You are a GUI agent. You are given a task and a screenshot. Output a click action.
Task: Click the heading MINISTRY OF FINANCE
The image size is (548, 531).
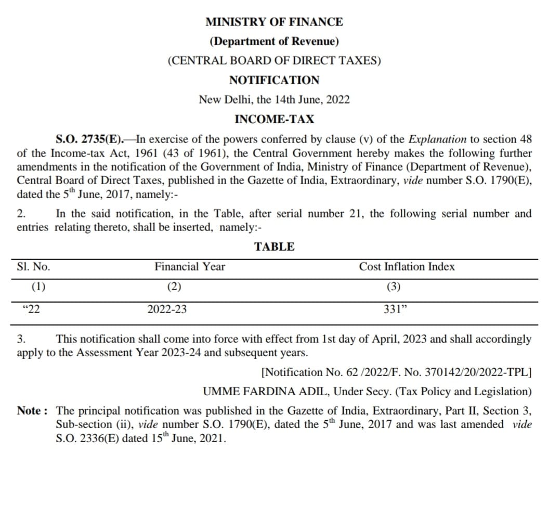pyautogui.click(x=274, y=22)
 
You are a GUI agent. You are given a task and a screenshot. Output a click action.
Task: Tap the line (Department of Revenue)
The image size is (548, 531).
pyautogui.click(x=274, y=41)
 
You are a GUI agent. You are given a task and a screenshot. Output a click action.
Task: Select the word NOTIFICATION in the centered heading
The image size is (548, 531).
pyautogui.click(x=274, y=80)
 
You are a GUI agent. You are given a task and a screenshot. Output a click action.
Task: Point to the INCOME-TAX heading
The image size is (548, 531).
pyautogui.click(x=274, y=119)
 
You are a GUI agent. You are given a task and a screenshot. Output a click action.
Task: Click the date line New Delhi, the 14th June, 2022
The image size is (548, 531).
pyautogui.click(x=274, y=99)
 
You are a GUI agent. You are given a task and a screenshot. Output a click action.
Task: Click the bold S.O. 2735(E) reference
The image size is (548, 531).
pyautogui.click(x=89, y=139)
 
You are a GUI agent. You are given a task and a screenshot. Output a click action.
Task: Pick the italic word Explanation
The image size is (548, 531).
pyautogui.click(x=437, y=139)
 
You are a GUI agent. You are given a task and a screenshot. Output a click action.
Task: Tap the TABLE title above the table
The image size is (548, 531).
pyautogui.click(x=274, y=247)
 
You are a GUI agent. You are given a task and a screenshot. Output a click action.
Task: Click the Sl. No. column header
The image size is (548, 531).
pyautogui.click(x=34, y=267)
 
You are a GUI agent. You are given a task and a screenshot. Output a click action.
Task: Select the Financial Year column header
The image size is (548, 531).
pyautogui.click(x=190, y=267)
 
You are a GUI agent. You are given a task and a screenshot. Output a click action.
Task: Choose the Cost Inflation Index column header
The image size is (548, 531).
pyautogui.click(x=407, y=267)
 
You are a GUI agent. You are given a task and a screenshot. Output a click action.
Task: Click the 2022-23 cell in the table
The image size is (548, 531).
pyautogui.click(x=167, y=309)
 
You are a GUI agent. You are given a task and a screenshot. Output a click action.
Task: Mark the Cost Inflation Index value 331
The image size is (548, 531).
pyautogui.click(x=394, y=309)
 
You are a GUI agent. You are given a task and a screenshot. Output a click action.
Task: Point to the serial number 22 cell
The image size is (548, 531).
pyautogui.click(x=32, y=309)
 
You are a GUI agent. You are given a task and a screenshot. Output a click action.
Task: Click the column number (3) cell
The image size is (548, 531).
pyautogui.click(x=393, y=287)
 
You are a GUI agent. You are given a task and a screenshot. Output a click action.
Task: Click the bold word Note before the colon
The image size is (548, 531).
pyautogui.click(x=29, y=411)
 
